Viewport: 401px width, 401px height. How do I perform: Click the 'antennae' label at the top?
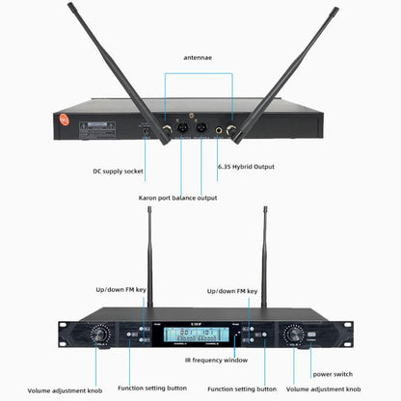pyautogui.click(x=200, y=57)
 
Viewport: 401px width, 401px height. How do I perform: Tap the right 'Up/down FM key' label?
pyautogui.click(x=235, y=290)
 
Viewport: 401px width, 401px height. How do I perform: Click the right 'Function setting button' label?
pyautogui.click(x=245, y=391)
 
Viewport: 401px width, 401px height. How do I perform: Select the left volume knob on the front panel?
pyautogui.click(x=99, y=334)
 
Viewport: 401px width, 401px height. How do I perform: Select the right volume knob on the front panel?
pyautogui.click(x=293, y=334)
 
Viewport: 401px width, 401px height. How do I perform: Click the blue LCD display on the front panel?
pyautogui.click(x=199, y=334)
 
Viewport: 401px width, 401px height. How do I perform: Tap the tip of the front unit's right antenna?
pyautogui.click(x=264, y=235)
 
